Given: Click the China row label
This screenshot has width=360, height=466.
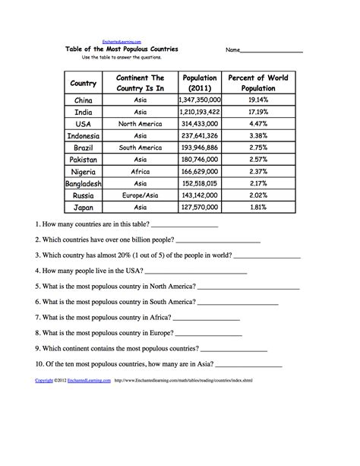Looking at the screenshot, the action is click(x=84, y=100).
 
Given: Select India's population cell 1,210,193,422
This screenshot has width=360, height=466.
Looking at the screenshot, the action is click(x=199, y=112).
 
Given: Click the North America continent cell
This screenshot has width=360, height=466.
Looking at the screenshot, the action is click(x=140, y=124).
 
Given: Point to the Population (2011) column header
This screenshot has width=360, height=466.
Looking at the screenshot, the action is click(x=199, y=83).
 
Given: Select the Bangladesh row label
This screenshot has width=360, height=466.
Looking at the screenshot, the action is click(x=84, y=184).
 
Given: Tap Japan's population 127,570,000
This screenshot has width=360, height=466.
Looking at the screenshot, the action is click(x=199, y=208).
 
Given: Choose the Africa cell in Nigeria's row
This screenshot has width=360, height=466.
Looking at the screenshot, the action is click(x=140, y=172).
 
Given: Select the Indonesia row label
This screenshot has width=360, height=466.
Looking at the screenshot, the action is click(x=84, y=136).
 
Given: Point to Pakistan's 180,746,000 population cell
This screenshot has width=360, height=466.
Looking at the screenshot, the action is click(x=199, y=160).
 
